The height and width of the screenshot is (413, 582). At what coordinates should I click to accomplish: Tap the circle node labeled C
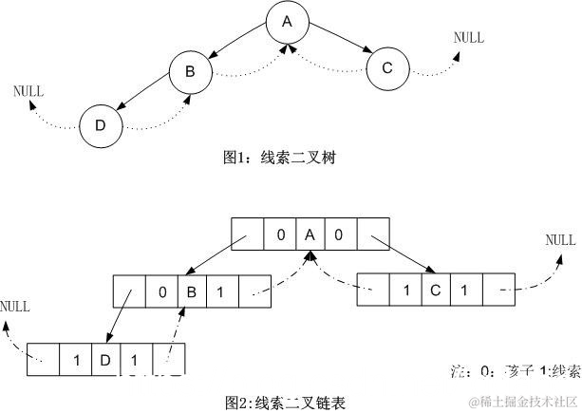click(386, 67)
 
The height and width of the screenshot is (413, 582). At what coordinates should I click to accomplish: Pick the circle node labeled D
click(101, 126)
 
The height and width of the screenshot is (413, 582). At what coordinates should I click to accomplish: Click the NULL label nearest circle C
click(468, 38)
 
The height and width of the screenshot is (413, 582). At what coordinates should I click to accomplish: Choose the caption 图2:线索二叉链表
click(285, 404)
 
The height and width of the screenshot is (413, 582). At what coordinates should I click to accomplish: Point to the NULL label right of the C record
click(560, 240)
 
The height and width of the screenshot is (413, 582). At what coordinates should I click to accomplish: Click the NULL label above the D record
click(15, 307)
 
